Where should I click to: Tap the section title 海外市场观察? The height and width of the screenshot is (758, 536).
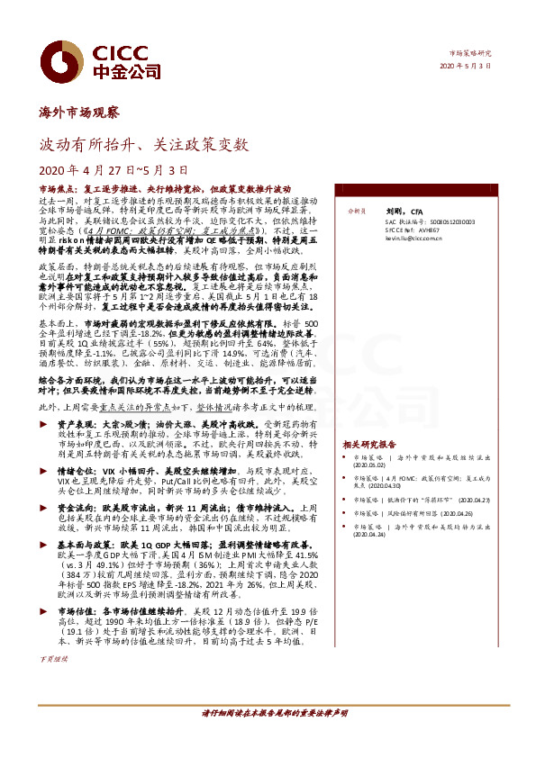click(80, 113)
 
